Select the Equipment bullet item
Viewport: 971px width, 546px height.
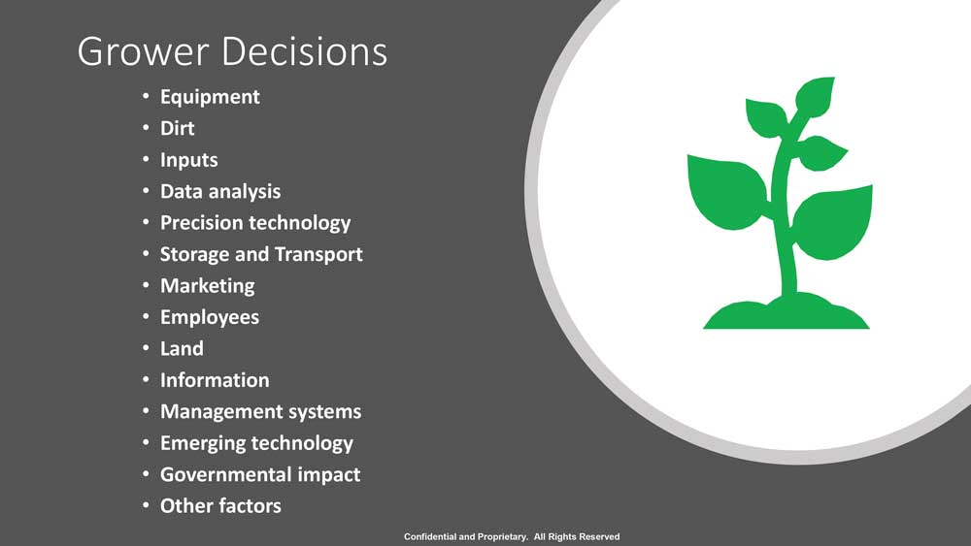pyautogui.click(x=210, y=97)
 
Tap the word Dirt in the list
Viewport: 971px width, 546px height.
pyautogui.click(x=177, y=128)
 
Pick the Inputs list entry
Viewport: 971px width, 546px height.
pyautogui.click(x=189, y=160)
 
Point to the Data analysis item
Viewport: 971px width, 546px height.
pyautogui.click(x=220, y=192)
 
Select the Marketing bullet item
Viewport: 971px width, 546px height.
pyautogui.click(x=208, y=286)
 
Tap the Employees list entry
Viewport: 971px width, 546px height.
pyautogui.click(x=210, y=317)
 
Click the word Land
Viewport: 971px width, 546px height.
pyautogui.click(x=182, y=349)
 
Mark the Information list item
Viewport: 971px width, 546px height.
pyautogui.click(x=215, y=379)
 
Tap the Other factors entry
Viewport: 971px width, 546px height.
pyautogui.click(x=220, y=506)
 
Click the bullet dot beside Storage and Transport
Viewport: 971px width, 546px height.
pyautogui.click(x=146, y=253)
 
